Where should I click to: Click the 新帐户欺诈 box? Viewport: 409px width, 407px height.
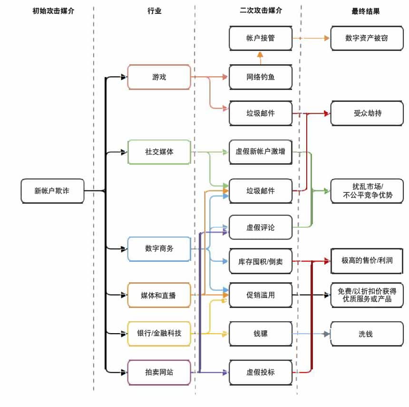(52, 191)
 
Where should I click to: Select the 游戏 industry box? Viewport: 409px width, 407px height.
(159, 77)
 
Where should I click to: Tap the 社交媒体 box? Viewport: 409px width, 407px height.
(159, 152)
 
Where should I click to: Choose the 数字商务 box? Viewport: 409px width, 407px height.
(159, 248)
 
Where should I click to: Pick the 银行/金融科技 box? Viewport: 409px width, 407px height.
(159, 333)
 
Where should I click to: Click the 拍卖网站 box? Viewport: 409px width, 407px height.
(159, 372)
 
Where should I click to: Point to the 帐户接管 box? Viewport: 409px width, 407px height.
(260, 38)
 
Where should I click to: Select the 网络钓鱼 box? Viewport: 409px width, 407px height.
(260, 77)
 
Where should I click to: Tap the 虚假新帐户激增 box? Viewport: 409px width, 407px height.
(260, 152)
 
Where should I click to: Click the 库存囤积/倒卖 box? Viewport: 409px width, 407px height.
(260, 261)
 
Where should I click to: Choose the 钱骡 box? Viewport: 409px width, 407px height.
(260, 334)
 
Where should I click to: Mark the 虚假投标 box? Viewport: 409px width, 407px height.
(260, 372)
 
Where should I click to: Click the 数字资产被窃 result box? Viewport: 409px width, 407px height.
(366, 38)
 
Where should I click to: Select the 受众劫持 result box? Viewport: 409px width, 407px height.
(366, 113)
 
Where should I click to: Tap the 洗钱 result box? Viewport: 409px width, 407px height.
(366, 334)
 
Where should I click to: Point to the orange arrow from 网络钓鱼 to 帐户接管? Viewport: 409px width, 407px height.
(260, 58)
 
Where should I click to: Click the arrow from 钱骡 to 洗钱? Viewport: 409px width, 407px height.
(311, 334)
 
